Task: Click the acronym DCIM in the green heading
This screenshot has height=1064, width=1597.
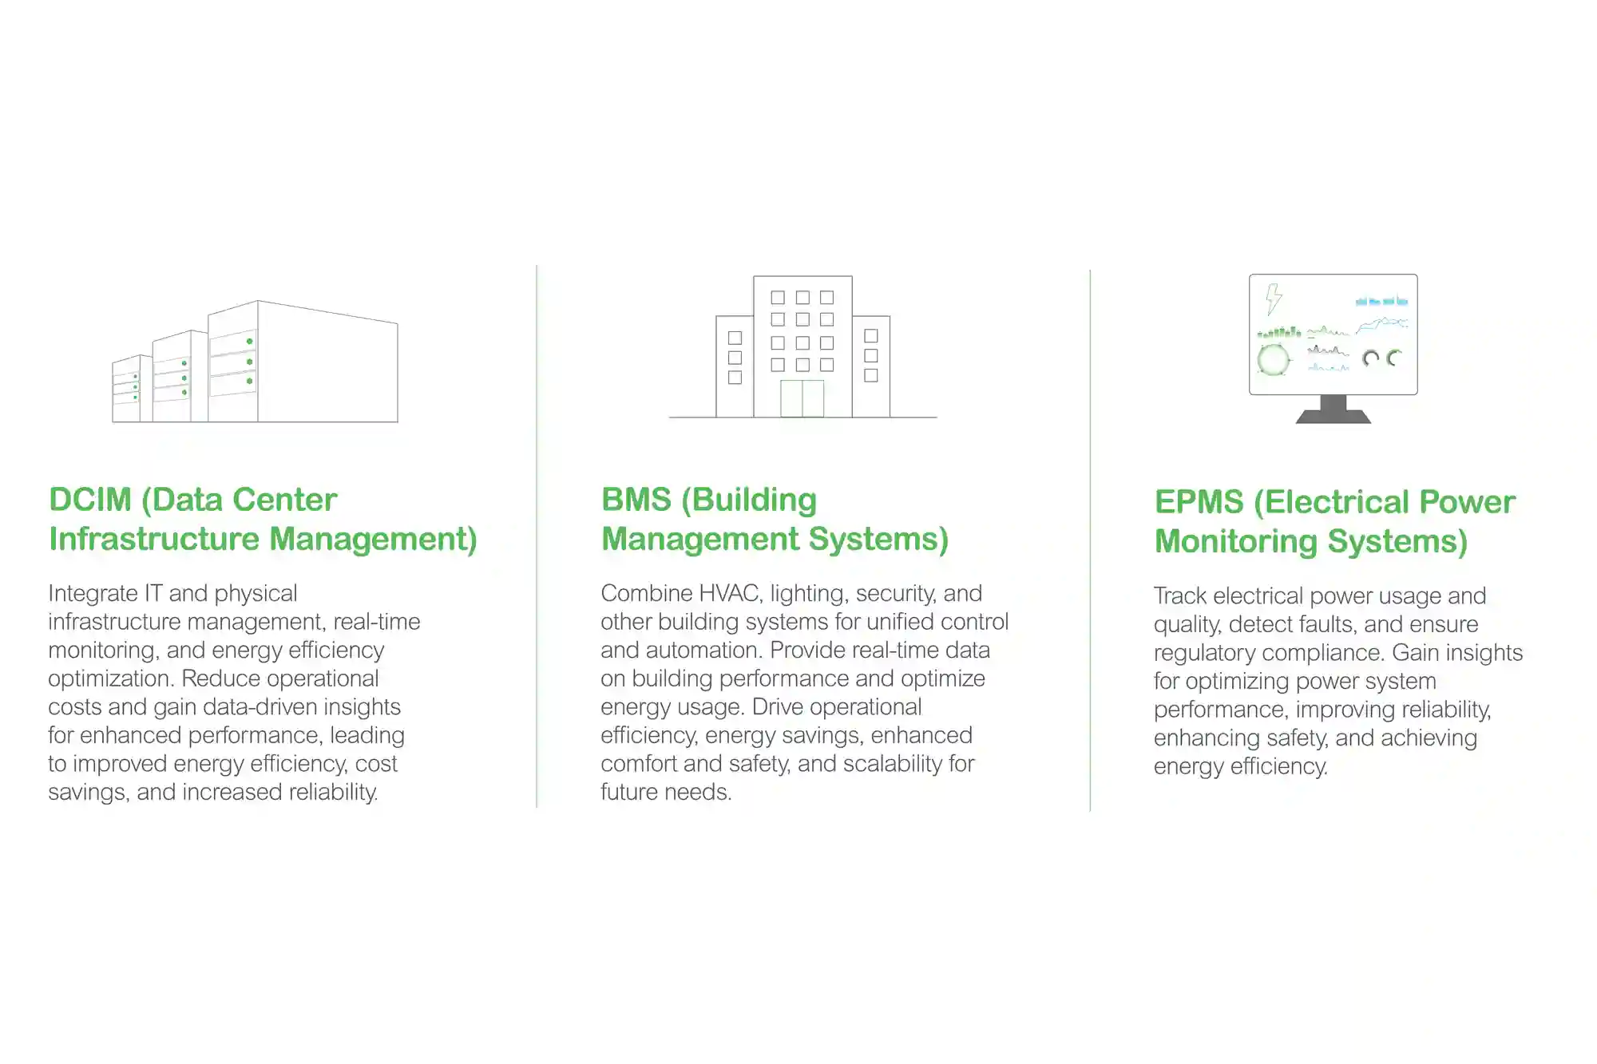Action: (x=90, y=500)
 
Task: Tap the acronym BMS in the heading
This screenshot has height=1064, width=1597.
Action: (x=636, y=500)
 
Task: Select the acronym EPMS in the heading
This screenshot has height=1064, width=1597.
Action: (x=1199, y=502)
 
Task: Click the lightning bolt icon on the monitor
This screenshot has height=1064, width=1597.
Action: (x=1274, y=299)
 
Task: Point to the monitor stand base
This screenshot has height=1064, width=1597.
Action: (x=1333, y=415)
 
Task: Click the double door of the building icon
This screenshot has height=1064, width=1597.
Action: (x=802, y=398)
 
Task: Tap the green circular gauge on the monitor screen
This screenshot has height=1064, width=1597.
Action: (x=1273, y=359)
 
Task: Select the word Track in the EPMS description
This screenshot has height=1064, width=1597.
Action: (x=1180, y=595)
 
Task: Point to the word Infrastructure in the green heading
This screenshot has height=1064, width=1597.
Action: (x=154, y=539)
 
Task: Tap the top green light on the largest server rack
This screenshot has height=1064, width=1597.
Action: (x=250, y=342)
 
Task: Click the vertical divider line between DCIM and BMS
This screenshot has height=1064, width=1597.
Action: (x=537, y=536)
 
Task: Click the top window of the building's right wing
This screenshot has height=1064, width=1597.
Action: (x=871, y=336)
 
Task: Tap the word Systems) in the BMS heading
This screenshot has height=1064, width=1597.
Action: (x=878, y=539)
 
